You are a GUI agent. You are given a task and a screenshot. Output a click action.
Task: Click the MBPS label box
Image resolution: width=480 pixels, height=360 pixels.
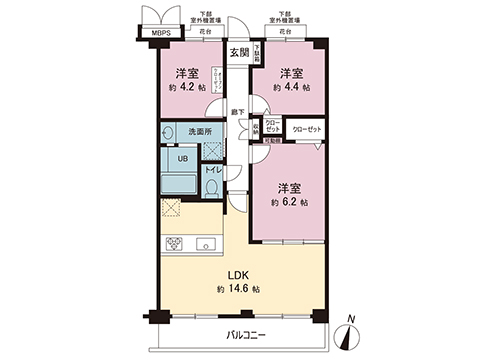point(160,32)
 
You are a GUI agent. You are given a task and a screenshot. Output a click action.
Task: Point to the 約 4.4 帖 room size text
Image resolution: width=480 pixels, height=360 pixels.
point(290,87)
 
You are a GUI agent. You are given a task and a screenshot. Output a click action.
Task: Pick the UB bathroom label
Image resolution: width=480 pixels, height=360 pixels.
point(184,158)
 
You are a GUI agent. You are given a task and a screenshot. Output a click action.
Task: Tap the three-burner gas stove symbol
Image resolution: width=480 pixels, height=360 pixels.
point(174,244)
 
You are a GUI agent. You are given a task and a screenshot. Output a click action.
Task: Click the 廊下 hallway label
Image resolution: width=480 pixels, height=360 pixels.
point(237,113)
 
